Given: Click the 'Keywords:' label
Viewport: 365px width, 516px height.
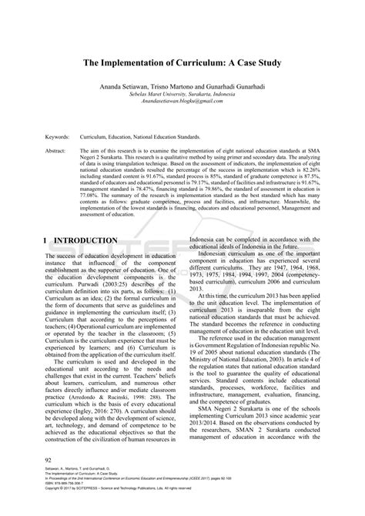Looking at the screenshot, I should pos(59,135).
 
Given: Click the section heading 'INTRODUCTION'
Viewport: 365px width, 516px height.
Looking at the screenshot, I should pos(85,240).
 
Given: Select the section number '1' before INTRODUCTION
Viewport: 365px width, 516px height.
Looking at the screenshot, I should pos(47,240).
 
